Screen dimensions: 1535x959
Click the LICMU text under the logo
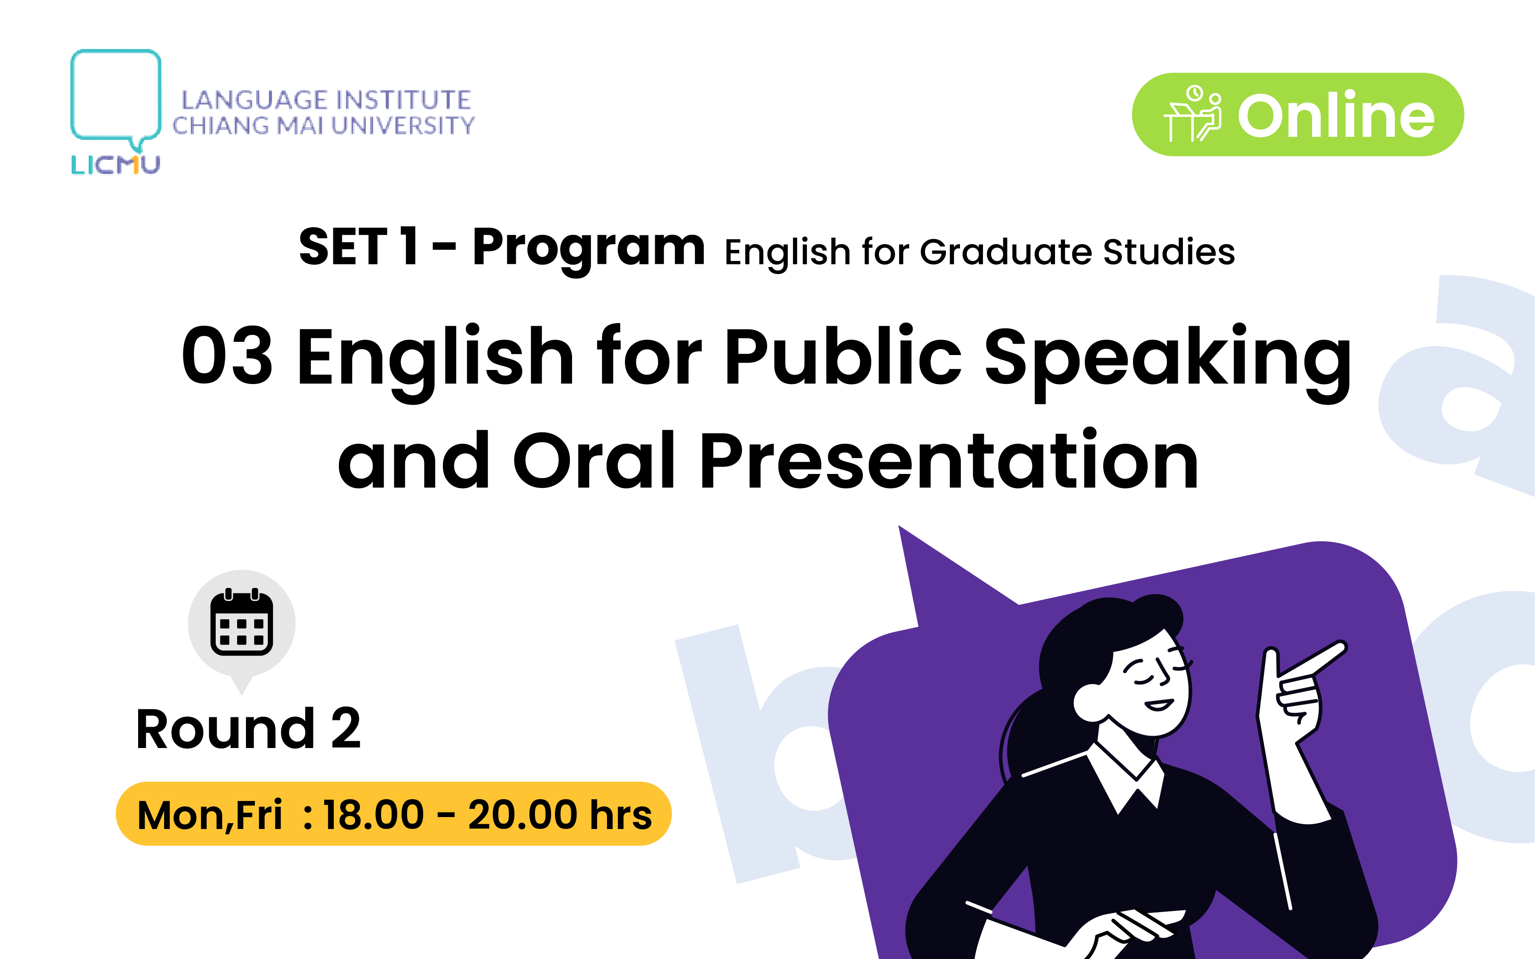(x=116, y=165)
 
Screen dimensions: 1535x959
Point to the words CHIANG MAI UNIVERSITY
(x=324, y=126)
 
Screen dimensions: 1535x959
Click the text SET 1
(x=359, y=247)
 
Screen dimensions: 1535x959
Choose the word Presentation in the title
(x=949, y=460)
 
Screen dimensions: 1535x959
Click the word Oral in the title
(x=594, y=460)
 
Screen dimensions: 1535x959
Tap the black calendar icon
(x=242, y=621)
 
